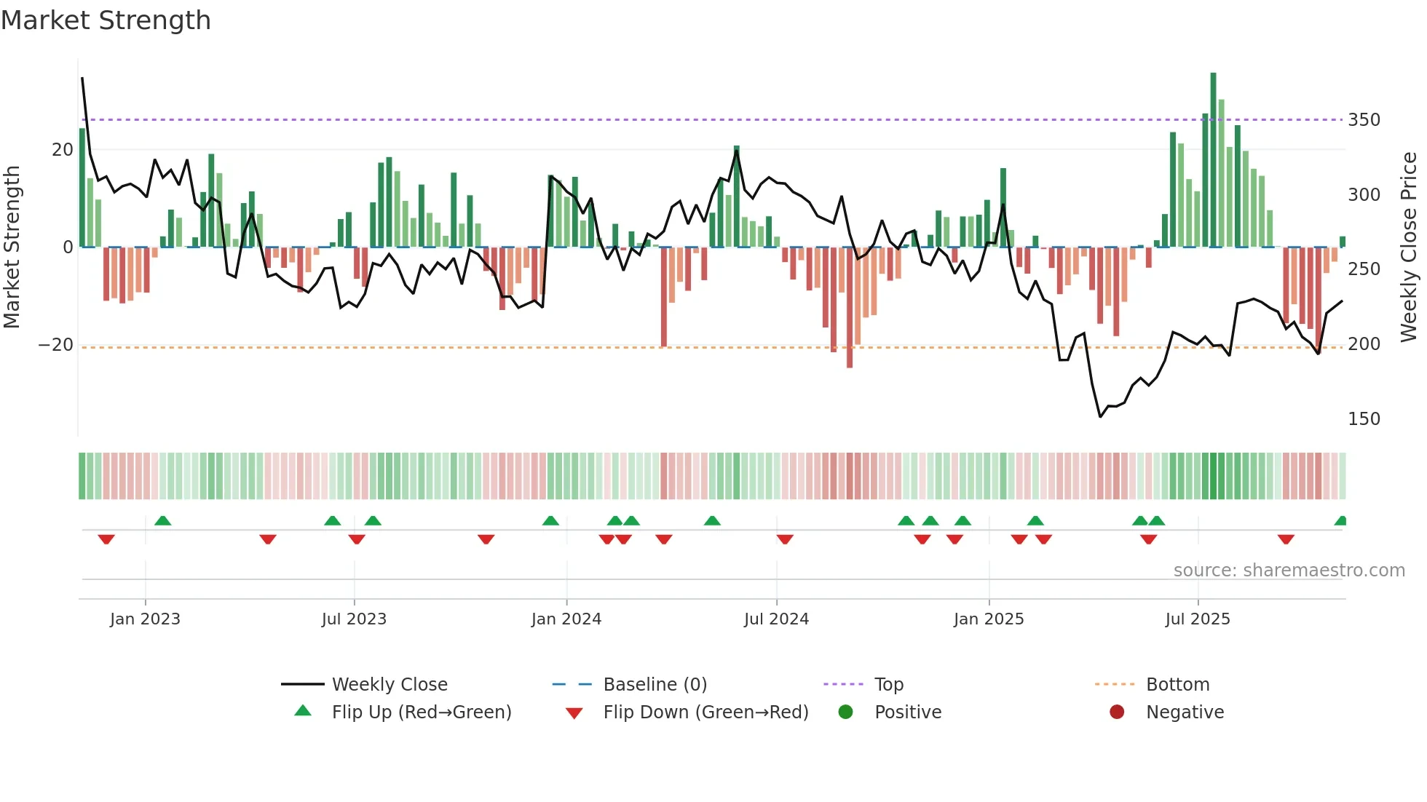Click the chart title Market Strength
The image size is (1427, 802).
(x=106, y=20)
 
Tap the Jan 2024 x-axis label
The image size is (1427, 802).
(x=566, y=619)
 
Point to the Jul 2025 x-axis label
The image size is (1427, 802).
(x=1197, y=619)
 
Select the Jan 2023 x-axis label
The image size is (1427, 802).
(x=145, y=619)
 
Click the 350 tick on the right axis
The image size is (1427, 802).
(x=1363, y=120)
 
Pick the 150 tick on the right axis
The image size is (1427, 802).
(x=1363, y=419)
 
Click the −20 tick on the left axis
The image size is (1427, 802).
(x=56, y=345)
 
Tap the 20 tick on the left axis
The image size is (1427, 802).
(x=63, y=150)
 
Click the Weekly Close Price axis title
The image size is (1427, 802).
(x=1409, y=247)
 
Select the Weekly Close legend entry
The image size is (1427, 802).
(x=389, y=685)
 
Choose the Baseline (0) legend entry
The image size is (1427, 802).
(x=655, y=685)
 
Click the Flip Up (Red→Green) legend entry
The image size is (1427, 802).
(x=421, y=712)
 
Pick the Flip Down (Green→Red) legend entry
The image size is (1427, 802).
(x=705, y=712)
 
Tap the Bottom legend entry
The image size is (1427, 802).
(x=1177, y=685)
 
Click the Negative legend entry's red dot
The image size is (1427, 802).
(x=1116, y=712)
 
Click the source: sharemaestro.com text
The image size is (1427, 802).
(x=1289, y=571)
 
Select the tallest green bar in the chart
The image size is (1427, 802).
(x=1213, y=160)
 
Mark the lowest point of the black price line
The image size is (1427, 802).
(x=1100, y=416)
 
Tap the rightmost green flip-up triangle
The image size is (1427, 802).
(x=1341, y=521)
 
